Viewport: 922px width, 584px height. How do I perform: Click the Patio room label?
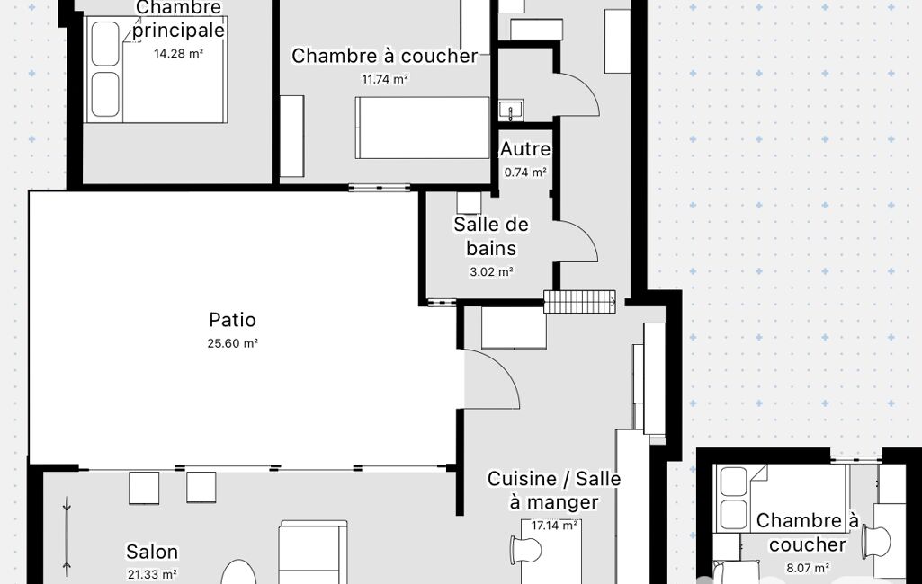point(232,320)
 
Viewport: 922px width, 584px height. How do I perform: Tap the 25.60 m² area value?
point(232,343)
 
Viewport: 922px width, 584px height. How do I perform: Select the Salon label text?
point(152,552)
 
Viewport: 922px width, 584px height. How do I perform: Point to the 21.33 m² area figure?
point(152,575)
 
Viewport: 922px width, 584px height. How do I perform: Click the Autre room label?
point(525,149)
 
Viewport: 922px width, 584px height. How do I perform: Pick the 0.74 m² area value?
point(525,173)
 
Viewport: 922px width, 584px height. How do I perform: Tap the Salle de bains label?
point(491,236)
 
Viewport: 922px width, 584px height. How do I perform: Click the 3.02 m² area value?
point(491,272)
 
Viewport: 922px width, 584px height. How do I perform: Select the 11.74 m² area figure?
point(385,79)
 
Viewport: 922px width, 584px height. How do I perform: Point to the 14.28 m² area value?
point(178,54)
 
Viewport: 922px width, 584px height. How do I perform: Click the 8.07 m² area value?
point(808,568)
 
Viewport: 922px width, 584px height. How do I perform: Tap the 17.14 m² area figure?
point(554,526)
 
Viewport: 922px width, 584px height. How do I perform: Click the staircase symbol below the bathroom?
point(580,301)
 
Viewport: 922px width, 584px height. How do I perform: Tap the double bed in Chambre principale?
point(156,69)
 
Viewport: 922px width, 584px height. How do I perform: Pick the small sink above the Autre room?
point(511,111)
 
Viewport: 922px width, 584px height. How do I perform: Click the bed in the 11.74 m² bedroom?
point(422,128)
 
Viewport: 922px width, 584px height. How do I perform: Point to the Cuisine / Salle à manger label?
point(554,491)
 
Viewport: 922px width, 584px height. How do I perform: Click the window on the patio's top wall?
point(380,188)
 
